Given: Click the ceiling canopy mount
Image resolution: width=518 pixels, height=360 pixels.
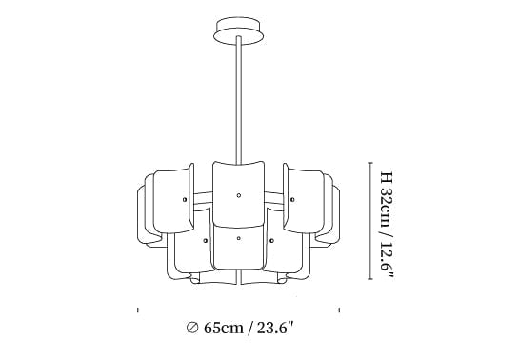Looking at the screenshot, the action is point(239,30).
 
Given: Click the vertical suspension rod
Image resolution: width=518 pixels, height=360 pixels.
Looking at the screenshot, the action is point(239,99).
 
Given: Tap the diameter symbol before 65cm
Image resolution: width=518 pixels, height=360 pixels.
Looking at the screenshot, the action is point(192,328).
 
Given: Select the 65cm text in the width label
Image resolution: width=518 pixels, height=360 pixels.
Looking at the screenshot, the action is point(224,328).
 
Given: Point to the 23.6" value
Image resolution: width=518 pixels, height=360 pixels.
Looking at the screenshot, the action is point(275,328).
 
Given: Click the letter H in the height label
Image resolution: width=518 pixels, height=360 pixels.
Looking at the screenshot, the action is point(386,178).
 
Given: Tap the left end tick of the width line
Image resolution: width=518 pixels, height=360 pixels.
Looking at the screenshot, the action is point(138,310).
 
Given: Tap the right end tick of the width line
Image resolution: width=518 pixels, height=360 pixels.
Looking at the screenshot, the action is point(339,310).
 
